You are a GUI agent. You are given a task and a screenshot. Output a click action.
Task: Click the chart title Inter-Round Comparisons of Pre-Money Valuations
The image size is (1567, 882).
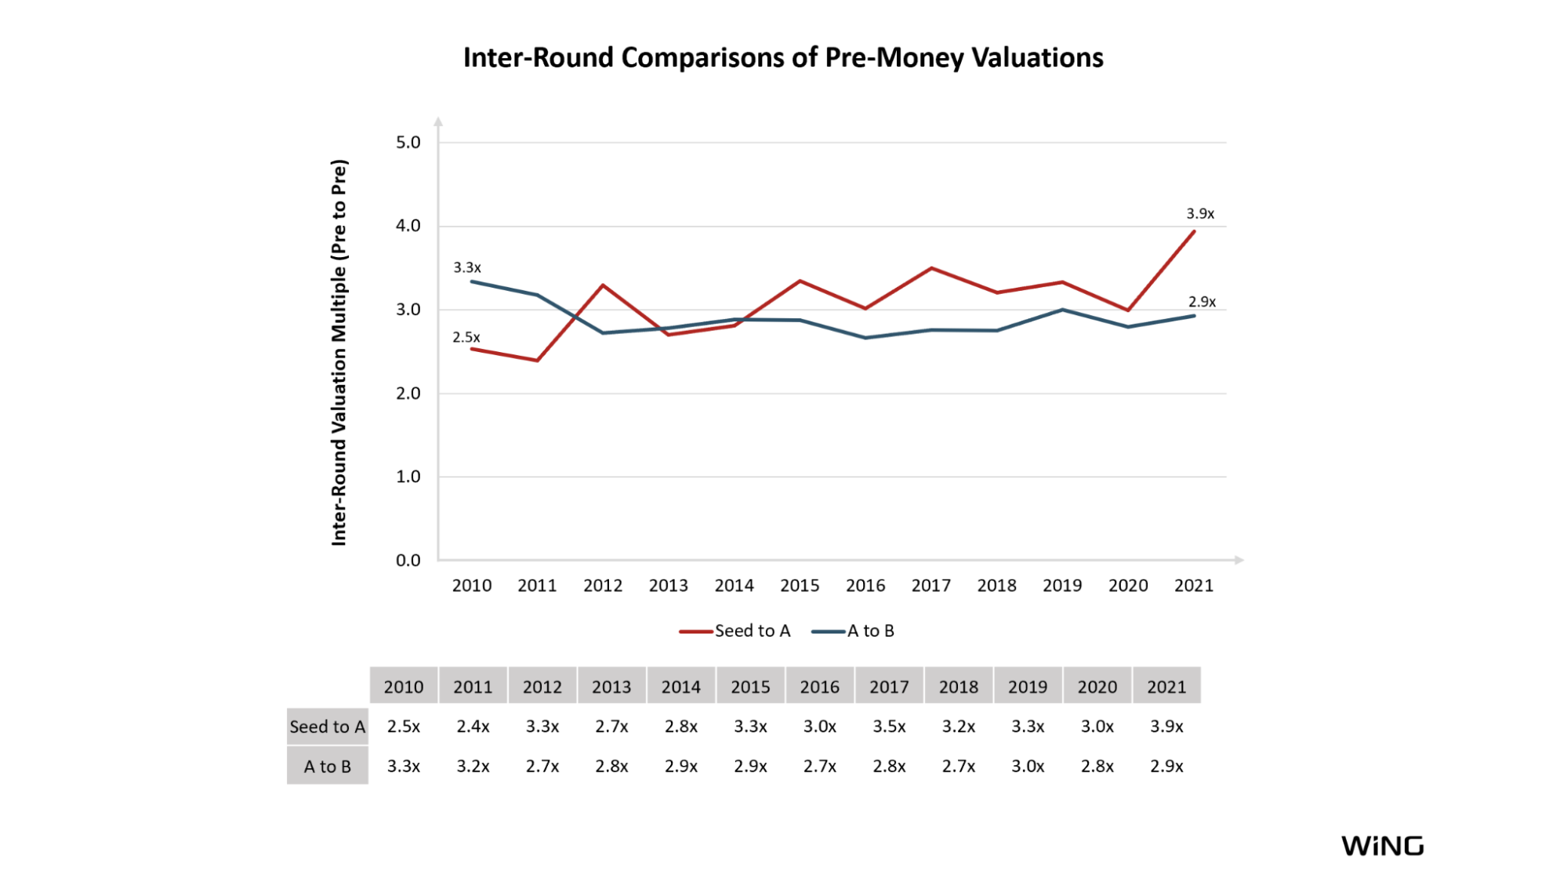(x=783, y=58)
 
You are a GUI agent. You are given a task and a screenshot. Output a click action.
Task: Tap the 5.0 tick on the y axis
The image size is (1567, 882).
(x=408, y=143)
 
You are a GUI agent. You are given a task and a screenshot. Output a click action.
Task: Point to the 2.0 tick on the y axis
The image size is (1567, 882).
(x=408, y=394)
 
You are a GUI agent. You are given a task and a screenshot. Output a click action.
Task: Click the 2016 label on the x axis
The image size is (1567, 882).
(x=865, y=586)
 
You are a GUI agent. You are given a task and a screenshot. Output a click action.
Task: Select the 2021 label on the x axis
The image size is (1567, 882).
(x=1193, y=586)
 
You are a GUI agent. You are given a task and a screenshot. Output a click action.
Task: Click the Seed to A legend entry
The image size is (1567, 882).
(x=736, y=631)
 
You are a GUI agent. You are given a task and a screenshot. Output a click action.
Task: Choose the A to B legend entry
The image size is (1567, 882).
(x=854, y=631)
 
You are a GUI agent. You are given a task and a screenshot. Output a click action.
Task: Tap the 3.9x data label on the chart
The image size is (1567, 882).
(x=1200, y=214)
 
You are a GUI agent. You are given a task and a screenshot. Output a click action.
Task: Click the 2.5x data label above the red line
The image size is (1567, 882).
(x=466, y=338)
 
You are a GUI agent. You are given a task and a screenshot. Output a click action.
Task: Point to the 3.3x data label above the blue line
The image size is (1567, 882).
(x=467, y=268)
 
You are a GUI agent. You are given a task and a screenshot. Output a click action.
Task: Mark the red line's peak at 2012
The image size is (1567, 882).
(x=603, y=285)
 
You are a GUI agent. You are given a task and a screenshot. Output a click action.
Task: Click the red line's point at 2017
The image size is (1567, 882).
(x=931, y=268)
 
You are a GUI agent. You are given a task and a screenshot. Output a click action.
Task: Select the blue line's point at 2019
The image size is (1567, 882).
(x=1062, y=310)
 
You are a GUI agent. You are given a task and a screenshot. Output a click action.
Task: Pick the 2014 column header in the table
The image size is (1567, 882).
(x=680, y=687)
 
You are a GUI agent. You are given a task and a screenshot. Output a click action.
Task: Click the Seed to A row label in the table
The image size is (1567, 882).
(x=328, y=727)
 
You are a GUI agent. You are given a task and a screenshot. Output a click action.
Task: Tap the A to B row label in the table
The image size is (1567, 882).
(x=328, y=767)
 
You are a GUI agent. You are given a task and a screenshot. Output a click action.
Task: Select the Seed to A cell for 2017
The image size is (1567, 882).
(x=889, y=727)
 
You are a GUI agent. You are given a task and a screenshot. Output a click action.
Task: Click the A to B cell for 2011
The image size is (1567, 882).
(x=473, y=767)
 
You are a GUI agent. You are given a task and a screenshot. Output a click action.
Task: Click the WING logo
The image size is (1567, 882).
(x=1382, y=846)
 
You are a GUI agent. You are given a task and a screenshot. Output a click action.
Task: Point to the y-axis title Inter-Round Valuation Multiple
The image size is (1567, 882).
(x=339, y=353)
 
